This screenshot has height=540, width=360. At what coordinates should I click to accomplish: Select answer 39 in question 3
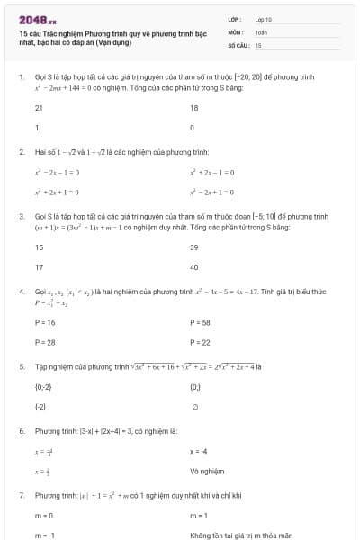(x=194, y=247)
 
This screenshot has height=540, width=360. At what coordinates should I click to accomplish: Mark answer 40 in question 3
(x=194, y=267)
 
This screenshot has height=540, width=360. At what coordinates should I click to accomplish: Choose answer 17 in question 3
(x=39, y=267)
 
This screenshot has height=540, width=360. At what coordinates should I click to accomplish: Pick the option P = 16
(x=45, y=321)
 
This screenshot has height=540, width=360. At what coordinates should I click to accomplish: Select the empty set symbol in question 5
(x=193, y=407)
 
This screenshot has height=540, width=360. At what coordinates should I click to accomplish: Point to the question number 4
(x=21, y=292)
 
